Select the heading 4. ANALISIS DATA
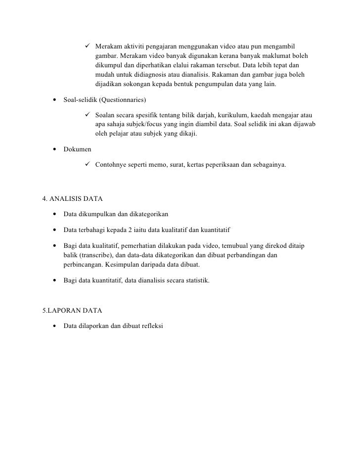pos(73,199)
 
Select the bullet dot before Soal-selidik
pos(53,100)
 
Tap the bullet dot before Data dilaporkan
pos(53,326)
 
